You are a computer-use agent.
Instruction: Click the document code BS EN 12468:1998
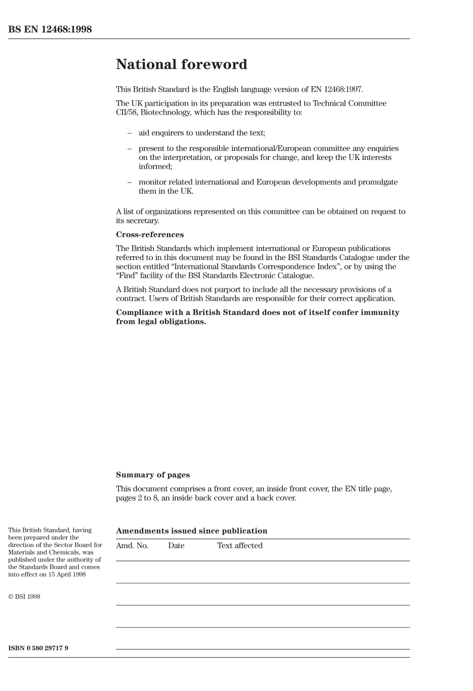point(50,29)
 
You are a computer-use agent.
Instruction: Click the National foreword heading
point(181,64)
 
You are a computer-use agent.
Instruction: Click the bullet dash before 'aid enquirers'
point(129,133)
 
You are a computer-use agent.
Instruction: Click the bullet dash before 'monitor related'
point(129,182)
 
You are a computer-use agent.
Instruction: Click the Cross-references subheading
point(150,235)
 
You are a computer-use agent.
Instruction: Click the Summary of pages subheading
point(153,475)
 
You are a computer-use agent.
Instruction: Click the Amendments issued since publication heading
point(192,531)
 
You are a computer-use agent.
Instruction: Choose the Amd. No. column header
point(132,546)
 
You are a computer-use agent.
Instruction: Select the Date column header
point(176,546)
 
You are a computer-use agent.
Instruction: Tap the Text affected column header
point(239,546)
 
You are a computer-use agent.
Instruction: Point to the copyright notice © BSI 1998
point(24,597)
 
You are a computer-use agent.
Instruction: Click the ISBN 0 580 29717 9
point(38,648)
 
